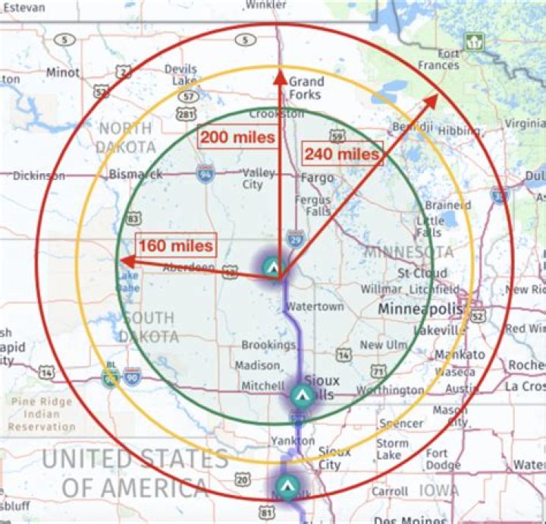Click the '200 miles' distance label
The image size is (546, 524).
pyautogui.click(x=237, y=137)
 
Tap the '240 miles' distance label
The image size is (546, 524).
pyautogui.click(x=340, y=153)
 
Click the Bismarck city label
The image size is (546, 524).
pyautogui.click(x=136, y=174)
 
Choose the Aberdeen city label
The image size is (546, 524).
pyautogui.click(x=189, y=268)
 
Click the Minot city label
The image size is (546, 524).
pyautogui.click(x=62, y=73)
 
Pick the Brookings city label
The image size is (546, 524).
pyautogui.click(x=268, y=345)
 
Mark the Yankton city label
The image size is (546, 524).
pyautogui.click(x=287, y=440)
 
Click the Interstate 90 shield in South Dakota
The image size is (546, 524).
pyautogui.click(x=133, y=375)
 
